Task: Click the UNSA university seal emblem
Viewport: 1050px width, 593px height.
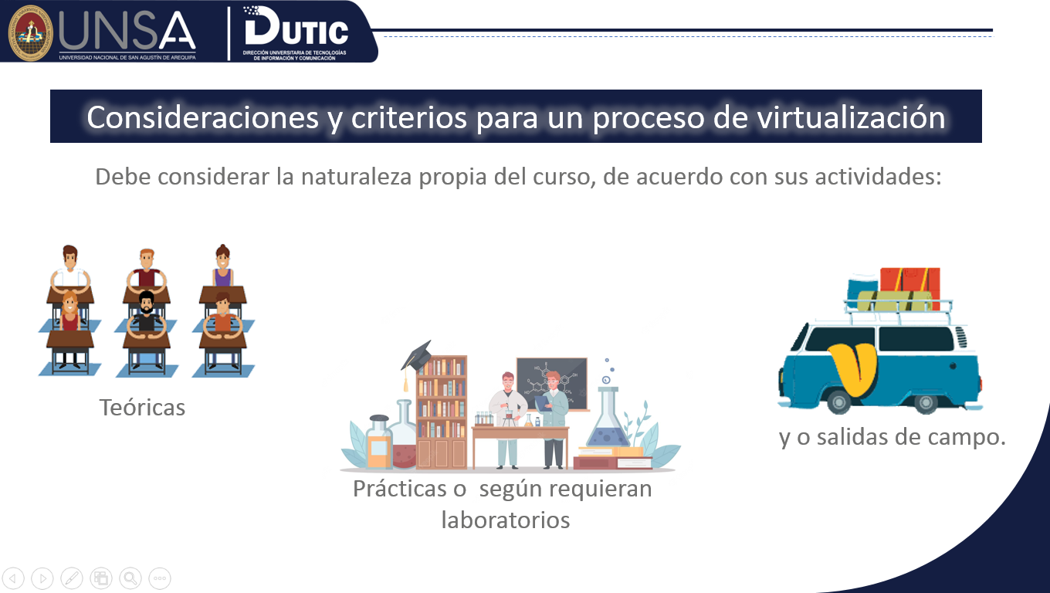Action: point(31,32)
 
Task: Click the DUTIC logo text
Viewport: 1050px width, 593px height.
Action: point(296,31)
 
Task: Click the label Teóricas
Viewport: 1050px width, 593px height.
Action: point(143,407)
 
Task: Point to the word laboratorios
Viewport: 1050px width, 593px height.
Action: point(506,520)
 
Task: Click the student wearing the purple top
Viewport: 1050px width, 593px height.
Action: point(222,266)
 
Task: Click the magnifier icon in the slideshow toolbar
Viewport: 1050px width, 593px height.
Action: point(130,578)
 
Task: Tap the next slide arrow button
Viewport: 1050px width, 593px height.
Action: point(42,578)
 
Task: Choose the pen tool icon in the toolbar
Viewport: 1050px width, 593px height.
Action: point(71,578)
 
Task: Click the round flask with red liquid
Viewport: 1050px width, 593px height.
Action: point(404,444)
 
